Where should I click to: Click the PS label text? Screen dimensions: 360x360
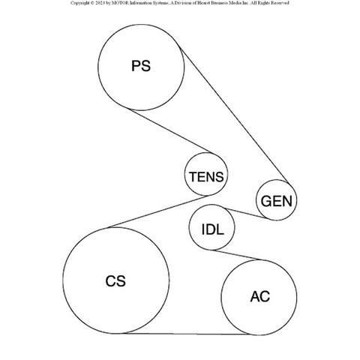point(141,66)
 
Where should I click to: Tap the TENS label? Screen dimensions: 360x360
point(206,177)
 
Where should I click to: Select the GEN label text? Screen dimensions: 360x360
point(277,201)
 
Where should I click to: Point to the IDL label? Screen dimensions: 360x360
point(212,229)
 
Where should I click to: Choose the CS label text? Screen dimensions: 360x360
point(115,281)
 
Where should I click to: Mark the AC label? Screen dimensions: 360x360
point(260,296)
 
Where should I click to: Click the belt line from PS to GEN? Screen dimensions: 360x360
point(235,115)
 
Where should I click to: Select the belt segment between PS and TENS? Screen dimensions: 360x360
point(172,130)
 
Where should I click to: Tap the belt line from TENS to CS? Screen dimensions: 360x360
point(158,211)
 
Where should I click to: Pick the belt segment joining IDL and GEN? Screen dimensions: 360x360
point(246,213)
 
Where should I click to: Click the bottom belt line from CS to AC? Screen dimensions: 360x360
point(187,334)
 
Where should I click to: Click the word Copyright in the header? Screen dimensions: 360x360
point(79,3)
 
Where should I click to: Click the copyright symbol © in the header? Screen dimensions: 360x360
point(92,3)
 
